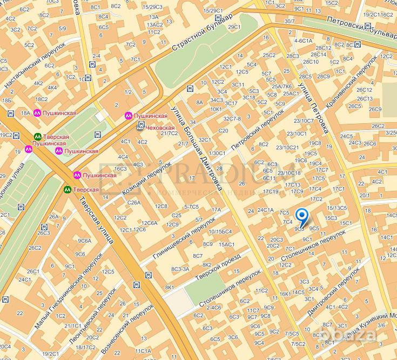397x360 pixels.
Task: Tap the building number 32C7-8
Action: point(232,118)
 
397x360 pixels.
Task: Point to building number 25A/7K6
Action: point(281,86)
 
